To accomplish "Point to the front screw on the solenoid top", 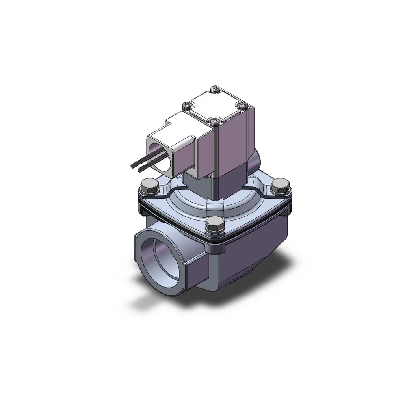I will [214, 122].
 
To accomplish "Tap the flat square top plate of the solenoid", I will [214, 105].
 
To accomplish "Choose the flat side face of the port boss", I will [197, 272].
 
